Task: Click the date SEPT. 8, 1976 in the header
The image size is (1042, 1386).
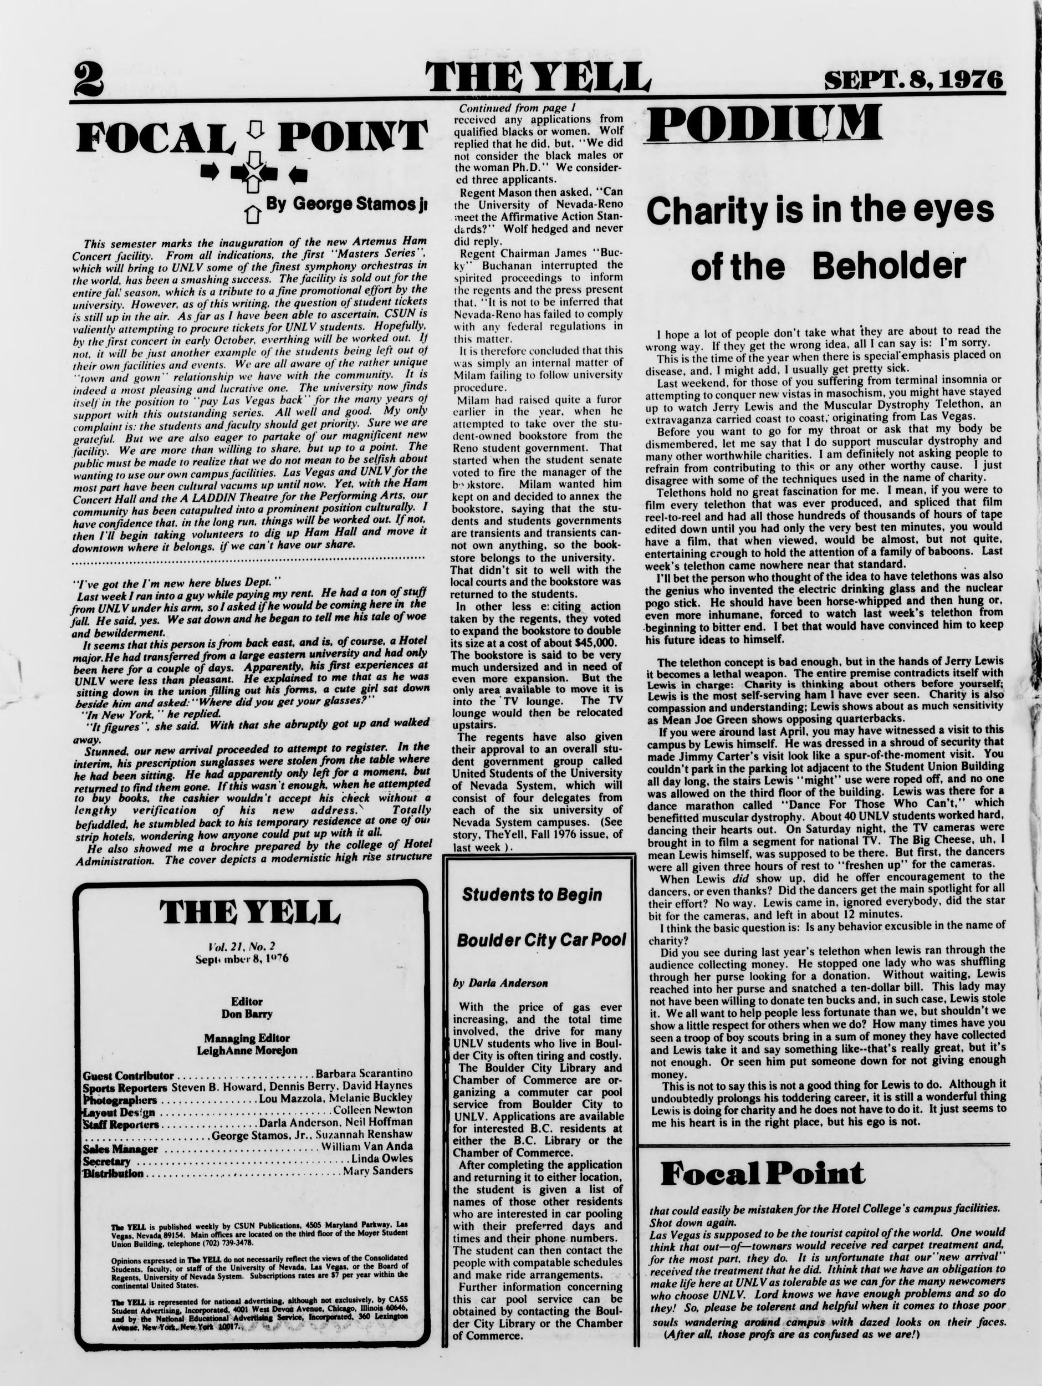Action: click(x=914, y=80)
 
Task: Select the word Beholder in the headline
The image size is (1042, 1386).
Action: click(x=888, y=266)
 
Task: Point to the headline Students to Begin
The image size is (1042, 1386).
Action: click(x=532, y=894)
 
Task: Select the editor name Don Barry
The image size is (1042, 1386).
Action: click(x=247, y=1013)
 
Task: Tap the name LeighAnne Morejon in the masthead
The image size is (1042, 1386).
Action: click(x=247, y=1050)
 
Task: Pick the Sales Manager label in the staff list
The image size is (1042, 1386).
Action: click(x=120, y=1149)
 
